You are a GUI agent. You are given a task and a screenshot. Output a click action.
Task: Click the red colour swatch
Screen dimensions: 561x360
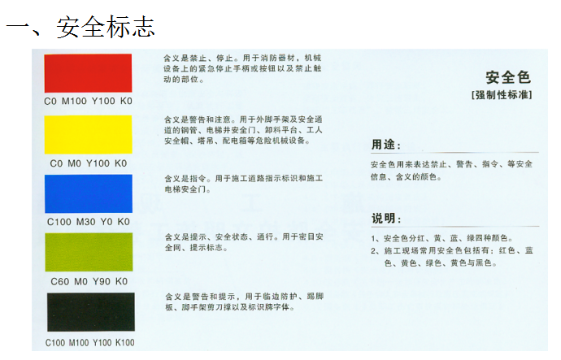[x=88, y=73]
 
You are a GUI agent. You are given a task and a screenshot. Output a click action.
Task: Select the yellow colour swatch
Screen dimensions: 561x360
[x=88, y=134]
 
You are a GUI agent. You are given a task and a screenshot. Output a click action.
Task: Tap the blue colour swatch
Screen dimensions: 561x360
[x=89, y=193]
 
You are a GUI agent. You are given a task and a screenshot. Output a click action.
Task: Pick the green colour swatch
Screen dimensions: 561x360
[x=89, y=252]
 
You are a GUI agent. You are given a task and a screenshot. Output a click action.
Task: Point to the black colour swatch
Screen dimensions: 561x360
[x=91, y=312]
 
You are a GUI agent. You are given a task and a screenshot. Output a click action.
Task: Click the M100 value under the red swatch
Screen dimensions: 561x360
[x=74, y=101]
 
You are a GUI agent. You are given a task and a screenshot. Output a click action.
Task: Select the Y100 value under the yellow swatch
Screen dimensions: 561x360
[x=98, y=163]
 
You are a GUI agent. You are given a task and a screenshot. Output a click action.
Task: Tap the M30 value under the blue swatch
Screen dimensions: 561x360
[x=86, y=222]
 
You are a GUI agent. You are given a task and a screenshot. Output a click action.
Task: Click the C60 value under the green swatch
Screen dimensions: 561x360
[x=59, y=282]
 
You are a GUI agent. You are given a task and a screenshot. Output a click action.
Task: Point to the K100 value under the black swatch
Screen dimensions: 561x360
[x=125, y=343]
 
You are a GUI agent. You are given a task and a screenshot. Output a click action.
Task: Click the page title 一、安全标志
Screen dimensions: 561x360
[x=80, y=27]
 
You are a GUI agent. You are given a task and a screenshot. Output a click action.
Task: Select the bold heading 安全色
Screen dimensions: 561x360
[x=508, y=77]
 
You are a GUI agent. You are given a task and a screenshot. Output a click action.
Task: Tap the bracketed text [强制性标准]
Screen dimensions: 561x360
[x=502, y=95]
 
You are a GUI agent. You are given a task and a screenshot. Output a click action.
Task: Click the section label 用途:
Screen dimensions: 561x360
[x=386, y=145]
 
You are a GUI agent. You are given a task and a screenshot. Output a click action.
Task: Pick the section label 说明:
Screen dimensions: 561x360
[x=386, y=218]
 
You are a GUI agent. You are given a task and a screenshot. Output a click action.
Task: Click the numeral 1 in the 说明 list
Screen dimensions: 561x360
[x=373, y=239]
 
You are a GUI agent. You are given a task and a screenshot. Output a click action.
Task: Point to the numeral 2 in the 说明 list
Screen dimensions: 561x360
[x=373, y=251]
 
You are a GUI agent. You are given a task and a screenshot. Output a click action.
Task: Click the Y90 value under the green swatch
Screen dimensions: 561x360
[x=102, y=282]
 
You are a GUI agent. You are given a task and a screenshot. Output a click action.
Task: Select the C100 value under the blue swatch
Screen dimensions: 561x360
[x=59, y=222]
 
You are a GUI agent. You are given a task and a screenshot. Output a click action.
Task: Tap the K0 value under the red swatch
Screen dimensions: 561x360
[x=126, y=101]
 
